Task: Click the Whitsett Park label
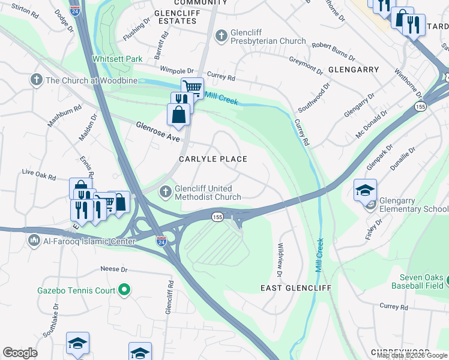click(x=118, y=59)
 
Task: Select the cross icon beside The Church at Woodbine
click(x=37, y=80)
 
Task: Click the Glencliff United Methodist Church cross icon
click(x=166, y=192)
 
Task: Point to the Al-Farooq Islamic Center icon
click(x=34, y=241)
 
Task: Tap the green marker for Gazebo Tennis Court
click(x=124, y=290)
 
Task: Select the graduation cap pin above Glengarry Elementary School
click(x=365, y=189)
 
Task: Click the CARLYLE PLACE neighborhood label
click(x=213, y=159)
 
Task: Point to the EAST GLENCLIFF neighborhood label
click(x=296, y=288)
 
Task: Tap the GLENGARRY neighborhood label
click(x=354, y=70)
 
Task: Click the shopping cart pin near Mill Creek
click(x=192, y=88)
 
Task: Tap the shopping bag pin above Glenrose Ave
click(x=179, y=113)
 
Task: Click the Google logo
click(x=20, y=353)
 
